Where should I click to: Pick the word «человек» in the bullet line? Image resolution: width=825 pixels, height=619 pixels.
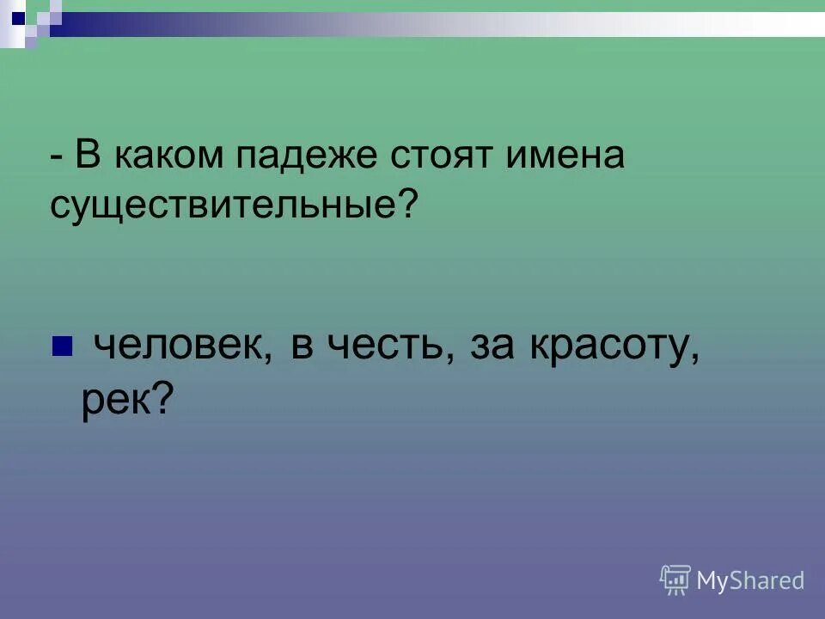[x=177, y=346]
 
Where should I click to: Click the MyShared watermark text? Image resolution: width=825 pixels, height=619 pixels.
[x=750, y=581]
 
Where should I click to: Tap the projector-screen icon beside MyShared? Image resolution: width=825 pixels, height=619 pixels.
[x=675, y=580]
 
